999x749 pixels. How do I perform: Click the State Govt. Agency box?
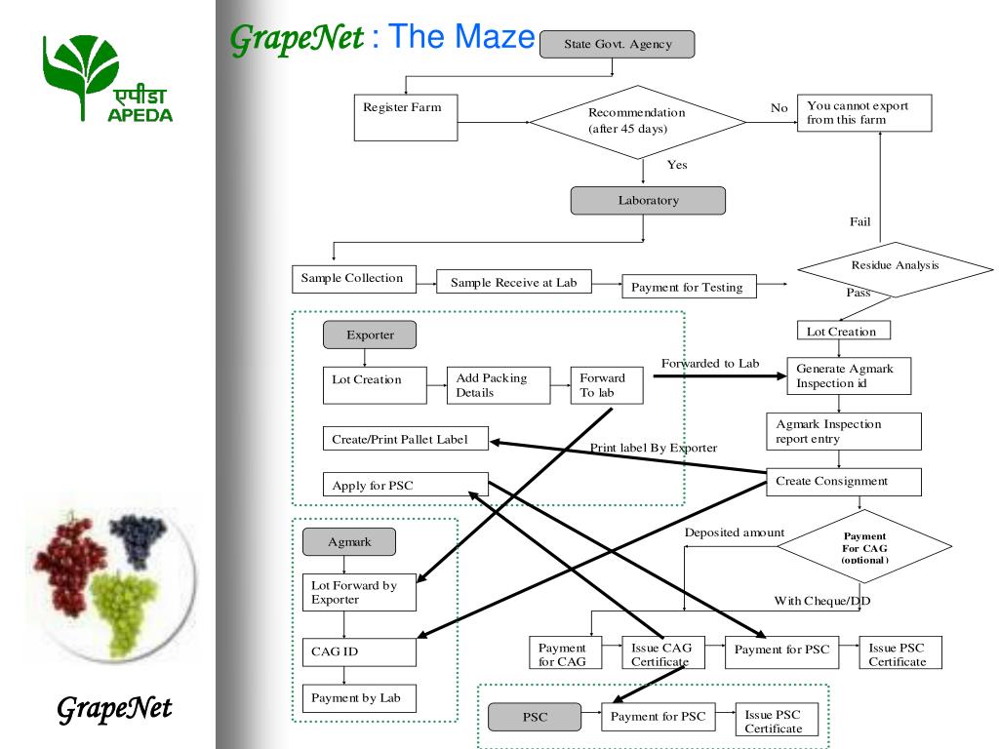[x=618, y=44]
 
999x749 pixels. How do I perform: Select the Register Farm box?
[x=405, y=116]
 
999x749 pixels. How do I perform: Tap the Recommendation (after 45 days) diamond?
[x=637, y=121]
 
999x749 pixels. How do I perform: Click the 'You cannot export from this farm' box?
[x=863, y=113]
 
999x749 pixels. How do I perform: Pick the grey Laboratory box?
[x=648, y=201]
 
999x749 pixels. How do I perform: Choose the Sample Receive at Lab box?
[x=513, y=283]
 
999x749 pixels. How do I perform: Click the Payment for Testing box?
[x=688, y=287]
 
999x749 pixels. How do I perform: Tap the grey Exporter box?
[x=370, y=335]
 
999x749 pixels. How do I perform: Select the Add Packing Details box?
[x=498, y=385]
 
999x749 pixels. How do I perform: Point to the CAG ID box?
[x=359, y=651]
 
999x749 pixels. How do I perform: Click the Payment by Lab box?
[x=359, y=698]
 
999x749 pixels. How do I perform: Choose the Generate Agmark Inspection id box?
[x=848, y=376]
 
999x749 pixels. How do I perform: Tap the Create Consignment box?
[x=843, y=482]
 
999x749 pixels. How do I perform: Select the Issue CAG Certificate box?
[x=660, y=653]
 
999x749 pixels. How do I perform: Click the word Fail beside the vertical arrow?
[x=859, y=222]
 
